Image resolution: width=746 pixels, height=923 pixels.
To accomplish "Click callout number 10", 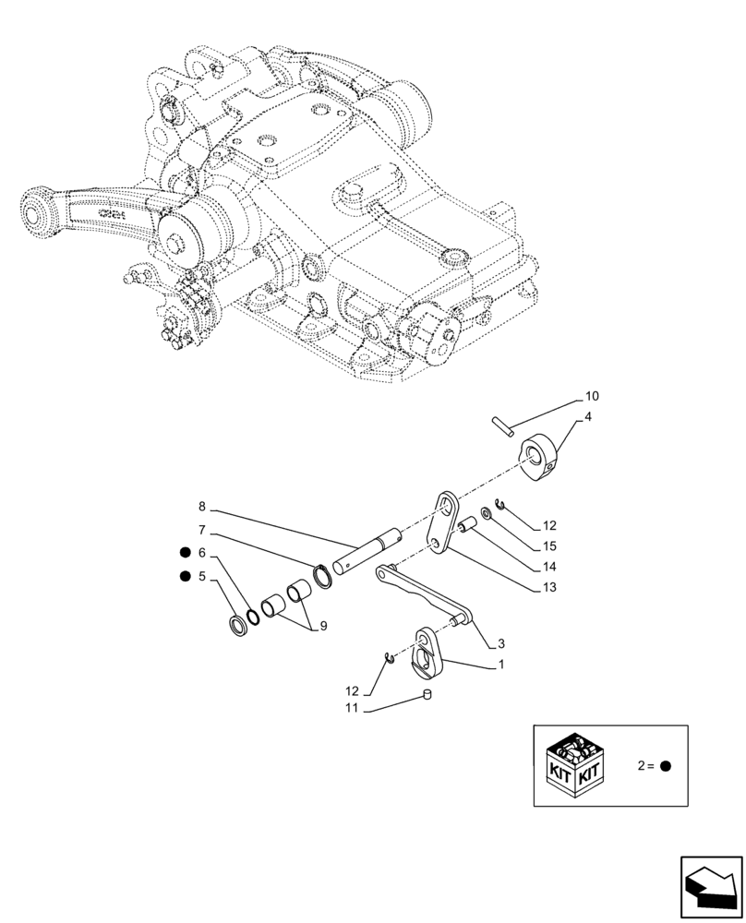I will [592, 396].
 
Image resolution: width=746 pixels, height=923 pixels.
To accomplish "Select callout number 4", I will [587, 417].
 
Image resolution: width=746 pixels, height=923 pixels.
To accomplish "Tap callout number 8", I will [201, 507].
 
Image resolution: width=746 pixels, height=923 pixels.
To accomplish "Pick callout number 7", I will [201, 531].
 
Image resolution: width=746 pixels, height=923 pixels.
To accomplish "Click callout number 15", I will [550, 546].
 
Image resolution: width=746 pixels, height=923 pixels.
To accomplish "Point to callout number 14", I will [549, 567].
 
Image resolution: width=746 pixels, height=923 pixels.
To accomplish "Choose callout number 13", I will [549, 586].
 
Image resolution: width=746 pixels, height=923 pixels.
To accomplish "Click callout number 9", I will [322, 626].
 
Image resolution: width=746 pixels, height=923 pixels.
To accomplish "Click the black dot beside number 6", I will [186, 553].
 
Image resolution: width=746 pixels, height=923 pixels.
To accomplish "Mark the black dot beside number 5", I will [186, 577].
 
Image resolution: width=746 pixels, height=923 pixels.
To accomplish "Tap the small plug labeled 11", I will [427, 695].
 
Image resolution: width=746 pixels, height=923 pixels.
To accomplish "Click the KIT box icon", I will [576, 766].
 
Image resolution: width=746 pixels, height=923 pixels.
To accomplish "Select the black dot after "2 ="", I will [665, 766].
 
